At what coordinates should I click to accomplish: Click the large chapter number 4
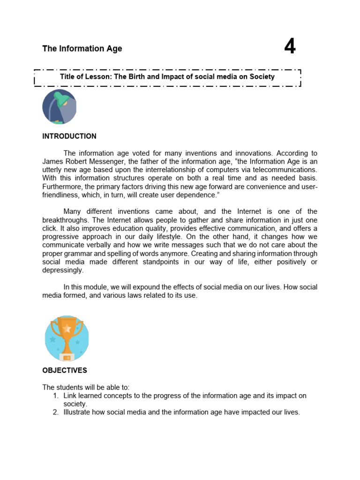click(x=290, y=47)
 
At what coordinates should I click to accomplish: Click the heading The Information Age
click(x=82, y=49)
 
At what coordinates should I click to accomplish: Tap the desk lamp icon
click(x=59, y=106)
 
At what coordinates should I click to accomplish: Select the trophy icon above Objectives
click(x=67, y=338)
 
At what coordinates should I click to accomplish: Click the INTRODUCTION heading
click(x=69, y=136)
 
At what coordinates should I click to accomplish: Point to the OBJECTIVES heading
click(x=65, y=370)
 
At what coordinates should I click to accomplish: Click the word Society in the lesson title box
click(x=262, y=76)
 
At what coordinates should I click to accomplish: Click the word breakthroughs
click(x=64, y=220)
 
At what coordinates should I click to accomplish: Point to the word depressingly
click(x=62, y=270)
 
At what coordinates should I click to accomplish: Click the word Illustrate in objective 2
click(x=78, y=412)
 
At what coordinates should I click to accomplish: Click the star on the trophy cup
click(x=67, y=329)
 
